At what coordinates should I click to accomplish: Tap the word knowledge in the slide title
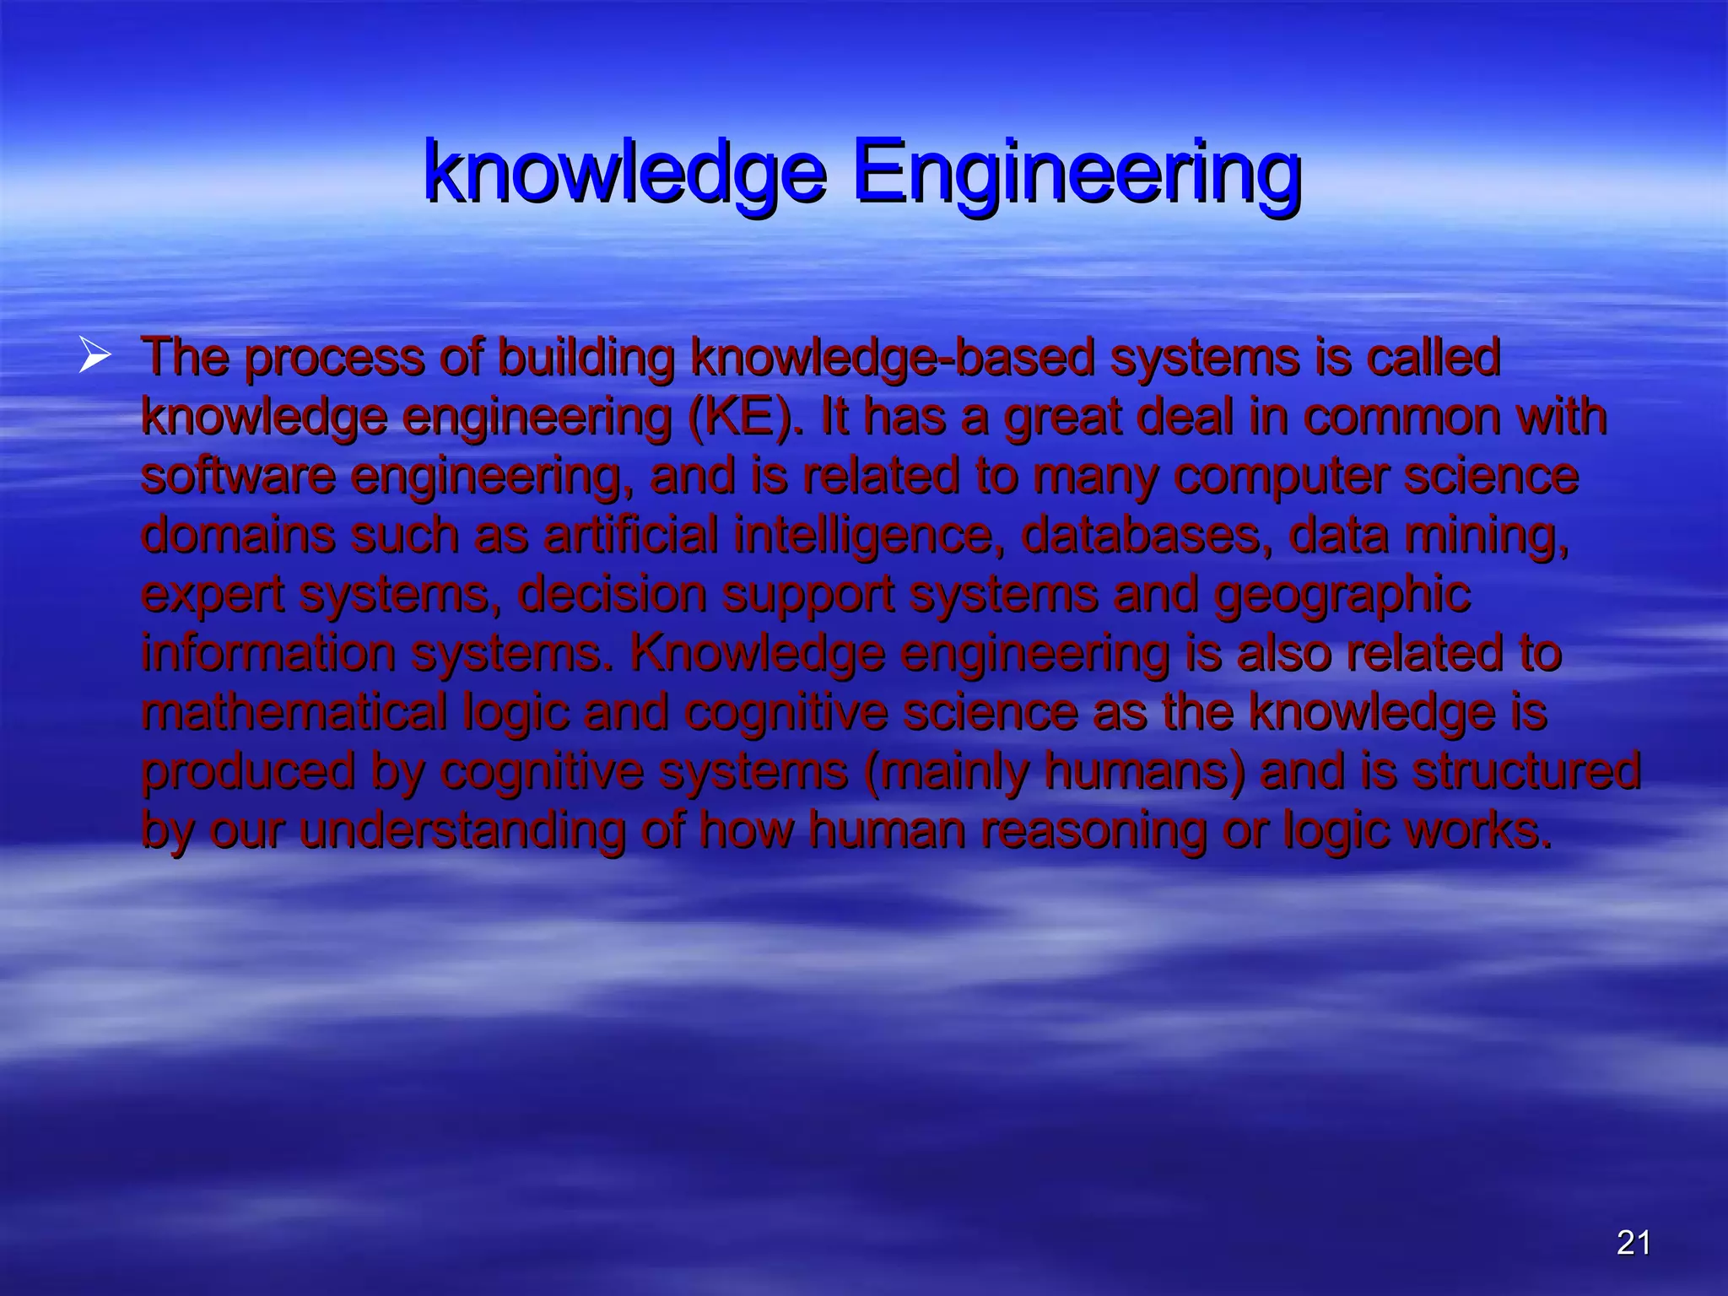[624, 172]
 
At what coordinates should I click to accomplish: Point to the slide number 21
[1633, 1243]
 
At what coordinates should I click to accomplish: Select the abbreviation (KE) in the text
[743, 418]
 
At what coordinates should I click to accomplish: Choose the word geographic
[1342, 596]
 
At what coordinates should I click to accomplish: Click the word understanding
[462, 831]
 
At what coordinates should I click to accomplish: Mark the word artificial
[630, 536]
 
